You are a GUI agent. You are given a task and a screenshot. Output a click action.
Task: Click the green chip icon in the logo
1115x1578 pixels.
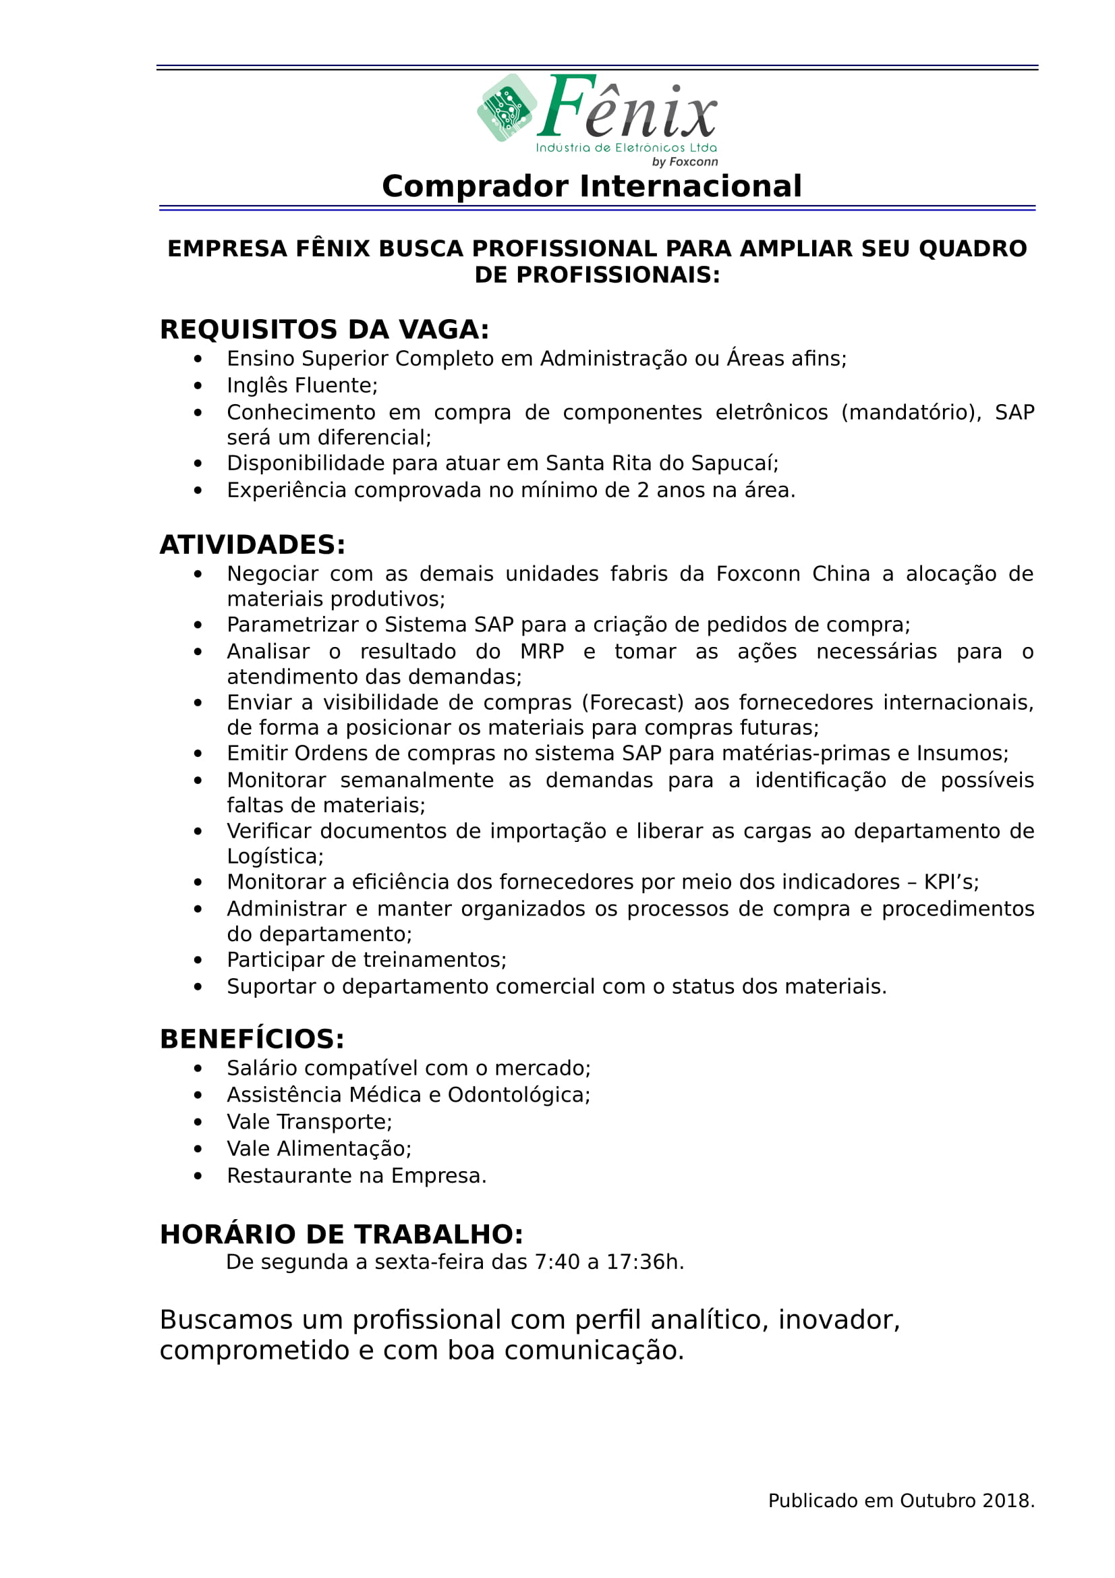(x=507, y=108)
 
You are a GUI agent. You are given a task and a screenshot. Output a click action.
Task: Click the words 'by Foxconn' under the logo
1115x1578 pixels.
(x=684, y=162)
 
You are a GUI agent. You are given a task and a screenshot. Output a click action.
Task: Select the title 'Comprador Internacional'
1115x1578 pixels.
(x=592, y=186)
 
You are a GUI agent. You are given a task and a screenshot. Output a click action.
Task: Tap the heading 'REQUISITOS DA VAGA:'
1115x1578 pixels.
(x=324, y=330)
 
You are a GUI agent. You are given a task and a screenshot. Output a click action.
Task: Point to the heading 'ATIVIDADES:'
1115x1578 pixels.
(x=252, y=545)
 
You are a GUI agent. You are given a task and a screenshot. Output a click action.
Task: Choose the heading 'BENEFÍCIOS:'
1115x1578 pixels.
(x=252, y=1039)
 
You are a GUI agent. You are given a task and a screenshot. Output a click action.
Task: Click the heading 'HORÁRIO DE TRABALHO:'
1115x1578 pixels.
(x=341, y=1235)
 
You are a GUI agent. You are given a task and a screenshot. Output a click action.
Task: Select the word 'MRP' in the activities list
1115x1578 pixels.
(x=542, y=652)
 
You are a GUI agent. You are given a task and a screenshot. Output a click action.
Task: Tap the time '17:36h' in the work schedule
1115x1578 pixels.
(x=642, y=1262)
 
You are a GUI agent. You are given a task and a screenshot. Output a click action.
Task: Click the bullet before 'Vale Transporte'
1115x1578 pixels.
(x=198, y=1123)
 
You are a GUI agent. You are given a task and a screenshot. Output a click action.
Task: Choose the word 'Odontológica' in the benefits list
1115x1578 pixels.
(x=517, y=1095)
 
